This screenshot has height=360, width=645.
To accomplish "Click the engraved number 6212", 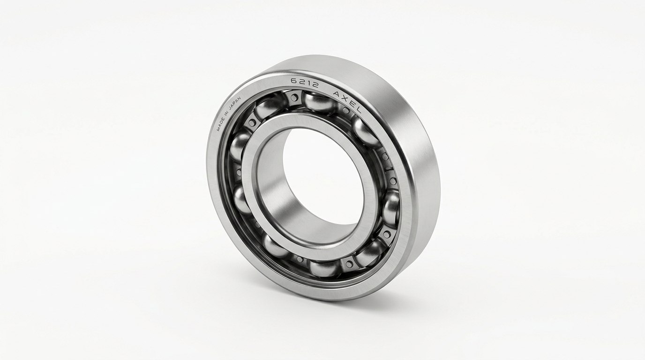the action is tap(304, 83).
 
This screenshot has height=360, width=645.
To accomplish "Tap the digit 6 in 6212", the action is tap(294, 81).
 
